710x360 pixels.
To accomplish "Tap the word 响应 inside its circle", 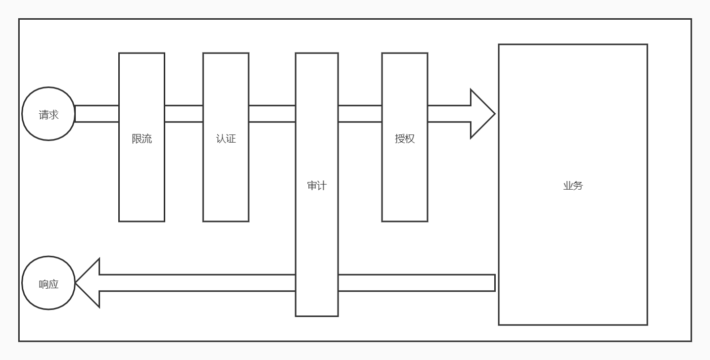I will point(49,284).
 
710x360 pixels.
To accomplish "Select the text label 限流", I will point(141,139).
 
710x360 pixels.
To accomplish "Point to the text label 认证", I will point(226,139).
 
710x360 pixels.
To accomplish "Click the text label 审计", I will point(317,186).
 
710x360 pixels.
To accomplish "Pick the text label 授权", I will point(405,139).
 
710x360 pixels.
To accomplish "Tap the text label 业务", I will point(573,186).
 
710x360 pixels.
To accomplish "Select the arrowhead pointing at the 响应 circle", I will point(88,283).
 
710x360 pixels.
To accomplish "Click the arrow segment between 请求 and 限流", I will point(97,114).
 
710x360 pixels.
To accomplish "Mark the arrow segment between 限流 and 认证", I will point(183,114).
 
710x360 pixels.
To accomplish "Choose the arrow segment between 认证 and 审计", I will point(272,114).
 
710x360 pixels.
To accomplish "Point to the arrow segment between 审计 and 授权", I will point(360,114).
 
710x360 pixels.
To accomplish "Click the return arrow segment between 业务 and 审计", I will point(416,283).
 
